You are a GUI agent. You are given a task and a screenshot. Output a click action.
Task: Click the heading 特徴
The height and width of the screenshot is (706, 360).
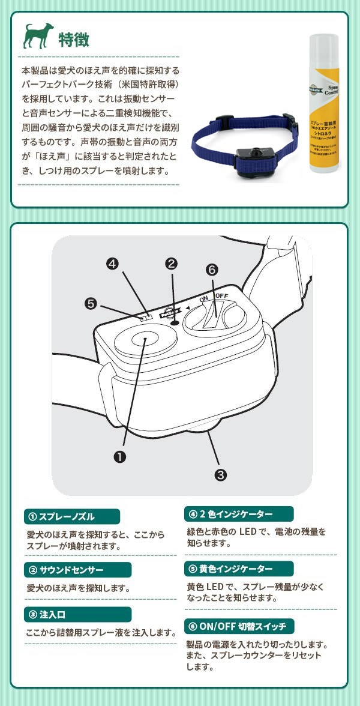[x=74, y=40]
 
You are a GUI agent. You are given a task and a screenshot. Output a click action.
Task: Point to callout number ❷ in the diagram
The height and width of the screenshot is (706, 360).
[x=172, y=263]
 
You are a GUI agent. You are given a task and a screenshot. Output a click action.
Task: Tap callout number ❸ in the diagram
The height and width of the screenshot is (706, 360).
[x=221, y=474]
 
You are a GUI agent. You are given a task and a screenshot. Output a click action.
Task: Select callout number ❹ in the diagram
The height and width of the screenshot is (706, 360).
[x=113, y=263]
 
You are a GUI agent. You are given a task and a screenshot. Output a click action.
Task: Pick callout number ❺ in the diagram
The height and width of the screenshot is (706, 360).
[x=91, y=304]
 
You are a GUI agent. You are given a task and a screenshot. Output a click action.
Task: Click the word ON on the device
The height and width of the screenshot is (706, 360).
[x=203, y=298]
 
